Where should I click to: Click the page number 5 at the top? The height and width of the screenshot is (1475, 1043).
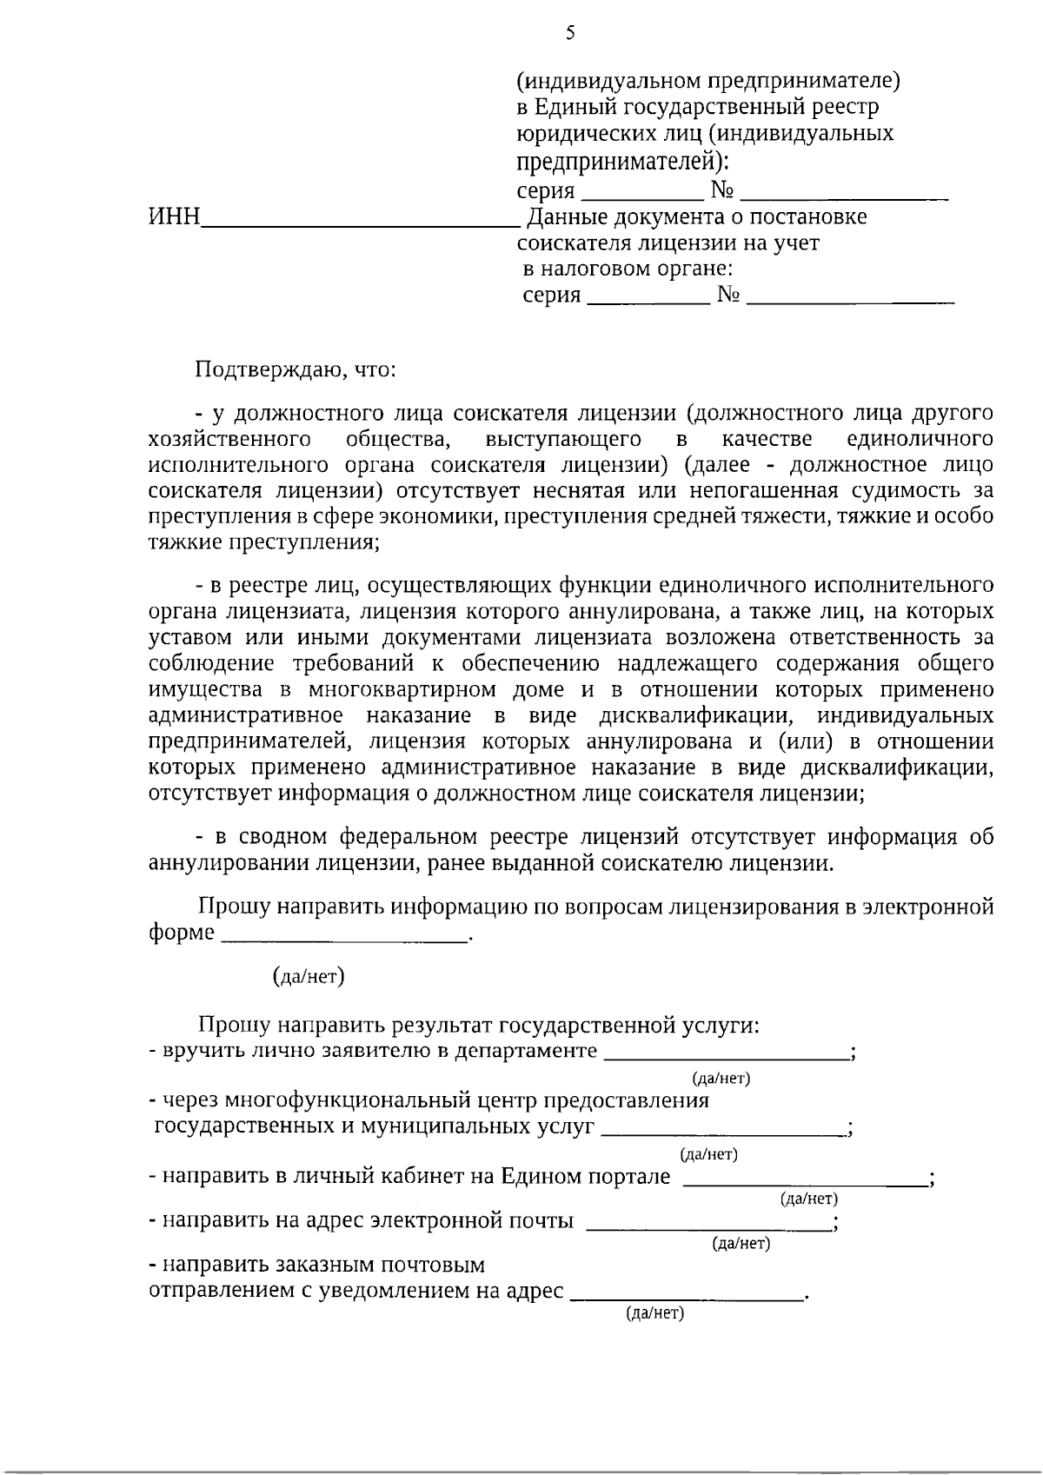(570, 34)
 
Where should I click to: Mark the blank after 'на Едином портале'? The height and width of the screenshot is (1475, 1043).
(805, 1183)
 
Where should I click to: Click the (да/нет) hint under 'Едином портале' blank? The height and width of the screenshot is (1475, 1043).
(809, 1199)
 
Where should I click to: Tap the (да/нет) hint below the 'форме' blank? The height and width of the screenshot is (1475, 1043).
(309, 977)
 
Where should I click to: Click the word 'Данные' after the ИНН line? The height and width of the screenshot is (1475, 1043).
(568, 216)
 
